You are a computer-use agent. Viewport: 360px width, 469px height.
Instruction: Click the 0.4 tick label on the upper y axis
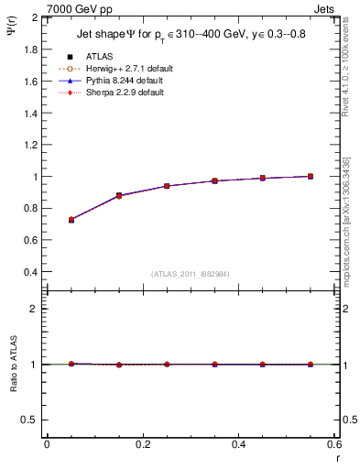pyautogui.click(x=31, y=272)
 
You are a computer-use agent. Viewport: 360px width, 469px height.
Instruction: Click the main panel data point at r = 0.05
pyautogui.click(x=71, y=220)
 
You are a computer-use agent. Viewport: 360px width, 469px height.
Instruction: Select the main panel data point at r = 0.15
pyautogui.click(x=119, y=195)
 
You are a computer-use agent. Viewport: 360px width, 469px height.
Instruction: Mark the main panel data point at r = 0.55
pyautogui.click(x=311, y=176)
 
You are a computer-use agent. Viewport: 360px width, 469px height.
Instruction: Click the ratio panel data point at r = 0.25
pyautogui.click(x=167, y=365)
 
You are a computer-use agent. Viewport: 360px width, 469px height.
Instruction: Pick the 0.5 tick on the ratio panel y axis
pyautogui.click(x=31, y=420)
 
